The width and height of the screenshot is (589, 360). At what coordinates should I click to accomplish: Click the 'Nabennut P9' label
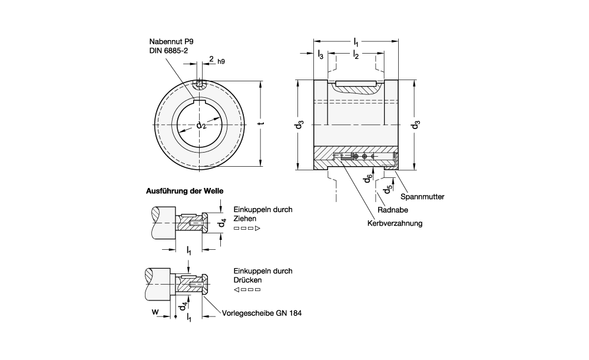[171, 42]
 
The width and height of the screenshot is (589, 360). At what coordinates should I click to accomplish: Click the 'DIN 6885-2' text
[168, 51]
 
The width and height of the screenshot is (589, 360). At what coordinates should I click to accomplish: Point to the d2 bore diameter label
[201, 125]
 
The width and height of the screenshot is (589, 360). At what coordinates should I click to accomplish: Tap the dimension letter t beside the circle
[262, 123]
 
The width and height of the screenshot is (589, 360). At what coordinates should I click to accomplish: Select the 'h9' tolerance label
[221, 62]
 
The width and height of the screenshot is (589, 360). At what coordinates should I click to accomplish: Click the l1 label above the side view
[356, 42]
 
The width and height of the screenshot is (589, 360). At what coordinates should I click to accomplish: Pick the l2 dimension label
[356, 55]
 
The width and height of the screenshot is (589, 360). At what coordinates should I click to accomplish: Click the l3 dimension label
[320, 55]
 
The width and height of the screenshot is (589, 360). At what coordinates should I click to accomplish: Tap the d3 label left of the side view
[299, 124]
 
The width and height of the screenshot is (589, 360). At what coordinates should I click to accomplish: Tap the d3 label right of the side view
[415, 124]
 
